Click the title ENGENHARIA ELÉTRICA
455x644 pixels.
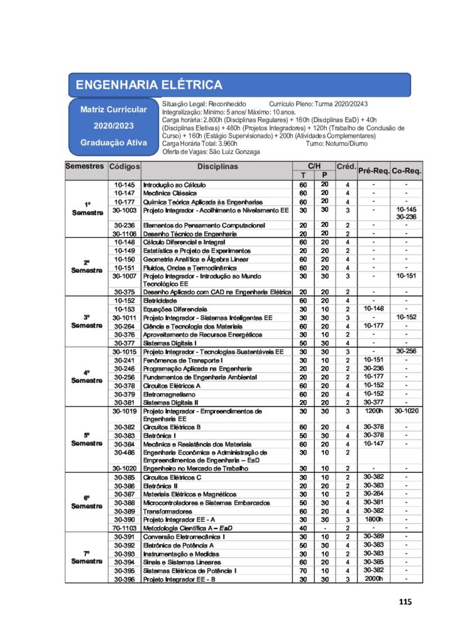click(148, 85)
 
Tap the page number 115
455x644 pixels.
click(405, 602)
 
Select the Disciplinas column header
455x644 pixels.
click(217, 167)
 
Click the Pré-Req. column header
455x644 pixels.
click(373, 170)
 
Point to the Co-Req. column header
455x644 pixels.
click(407, 170)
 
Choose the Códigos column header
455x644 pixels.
click(124, 167)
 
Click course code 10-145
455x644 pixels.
click(124, 185)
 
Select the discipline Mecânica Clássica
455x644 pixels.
click(170, 193)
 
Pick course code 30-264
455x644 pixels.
click(124, 326)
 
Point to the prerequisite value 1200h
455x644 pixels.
click(373, 411)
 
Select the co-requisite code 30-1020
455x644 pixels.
click(407, 411)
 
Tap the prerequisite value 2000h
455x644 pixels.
click(373, 578)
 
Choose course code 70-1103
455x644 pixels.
click(124, 528)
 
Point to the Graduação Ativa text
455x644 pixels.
click(113, 142)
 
